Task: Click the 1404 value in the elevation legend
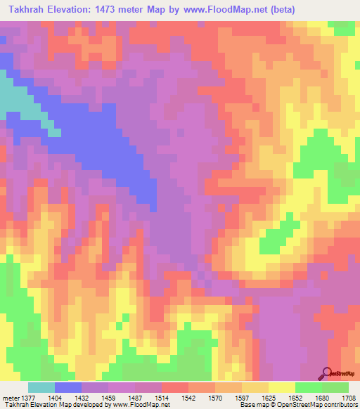pos(55,397)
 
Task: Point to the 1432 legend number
pos(82,397)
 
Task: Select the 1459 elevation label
pos(108,397)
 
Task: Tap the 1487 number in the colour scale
pos(135,397)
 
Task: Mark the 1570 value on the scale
pos(215,397)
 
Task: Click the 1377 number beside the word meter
pos(28,397)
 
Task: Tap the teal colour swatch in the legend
pos(41,387)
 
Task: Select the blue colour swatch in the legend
pos(68,387)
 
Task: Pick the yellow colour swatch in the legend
pos(281,387)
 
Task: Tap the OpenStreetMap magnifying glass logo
pos(327,373)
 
